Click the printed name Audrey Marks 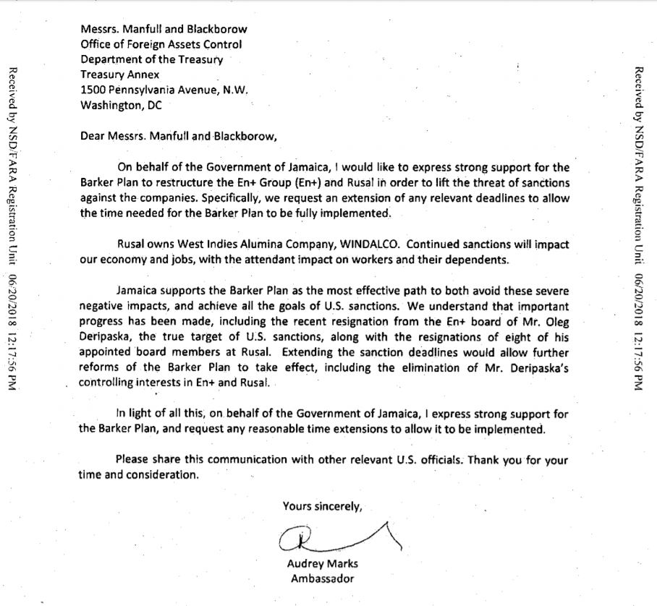point(323,564)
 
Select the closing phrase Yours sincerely point(322,506)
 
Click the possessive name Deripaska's point(535,369)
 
